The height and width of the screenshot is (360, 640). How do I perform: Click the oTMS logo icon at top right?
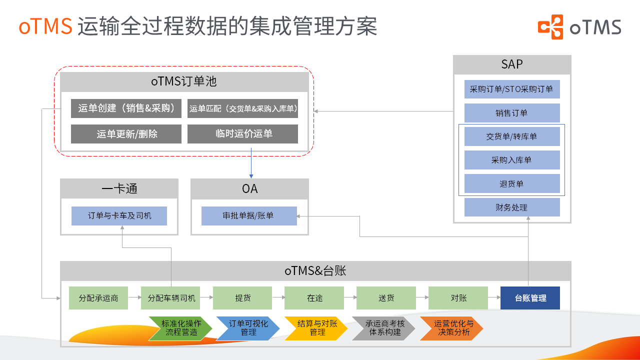click(x=550, y=26)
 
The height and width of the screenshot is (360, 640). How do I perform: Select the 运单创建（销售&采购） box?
click(x=126, y=108)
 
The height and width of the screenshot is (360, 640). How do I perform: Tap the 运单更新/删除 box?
click(x=126, y=134)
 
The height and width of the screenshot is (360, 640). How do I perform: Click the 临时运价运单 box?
click(x=242, y=134)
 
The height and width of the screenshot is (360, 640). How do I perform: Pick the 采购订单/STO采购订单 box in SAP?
click(x=511, y=89)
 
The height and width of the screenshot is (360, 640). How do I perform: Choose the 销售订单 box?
click(x=511, y=113)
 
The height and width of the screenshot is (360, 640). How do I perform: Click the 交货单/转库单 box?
click(x=511, y=136)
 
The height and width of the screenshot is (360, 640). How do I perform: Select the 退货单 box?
click(x=511, y=183)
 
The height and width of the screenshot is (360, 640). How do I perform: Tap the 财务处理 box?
click(x=511, y=207)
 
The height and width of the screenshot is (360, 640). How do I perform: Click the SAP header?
click(x=511, y=64)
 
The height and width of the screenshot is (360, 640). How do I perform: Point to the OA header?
click(x=249, y=188)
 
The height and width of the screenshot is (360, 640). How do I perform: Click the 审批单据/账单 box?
click(x=248, y=216)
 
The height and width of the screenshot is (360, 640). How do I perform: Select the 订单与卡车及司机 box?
click(x=119, y=216)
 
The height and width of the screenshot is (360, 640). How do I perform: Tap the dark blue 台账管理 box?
click(x=530, y=298)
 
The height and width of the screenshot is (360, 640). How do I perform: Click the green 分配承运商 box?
click(x=98, y=298)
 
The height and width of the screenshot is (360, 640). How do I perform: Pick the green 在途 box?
click(x=314, y=298)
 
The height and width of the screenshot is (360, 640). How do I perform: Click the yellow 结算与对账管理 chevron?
click(x=316, y=328)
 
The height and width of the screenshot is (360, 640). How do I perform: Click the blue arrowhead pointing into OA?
click(x=251, y=176)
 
